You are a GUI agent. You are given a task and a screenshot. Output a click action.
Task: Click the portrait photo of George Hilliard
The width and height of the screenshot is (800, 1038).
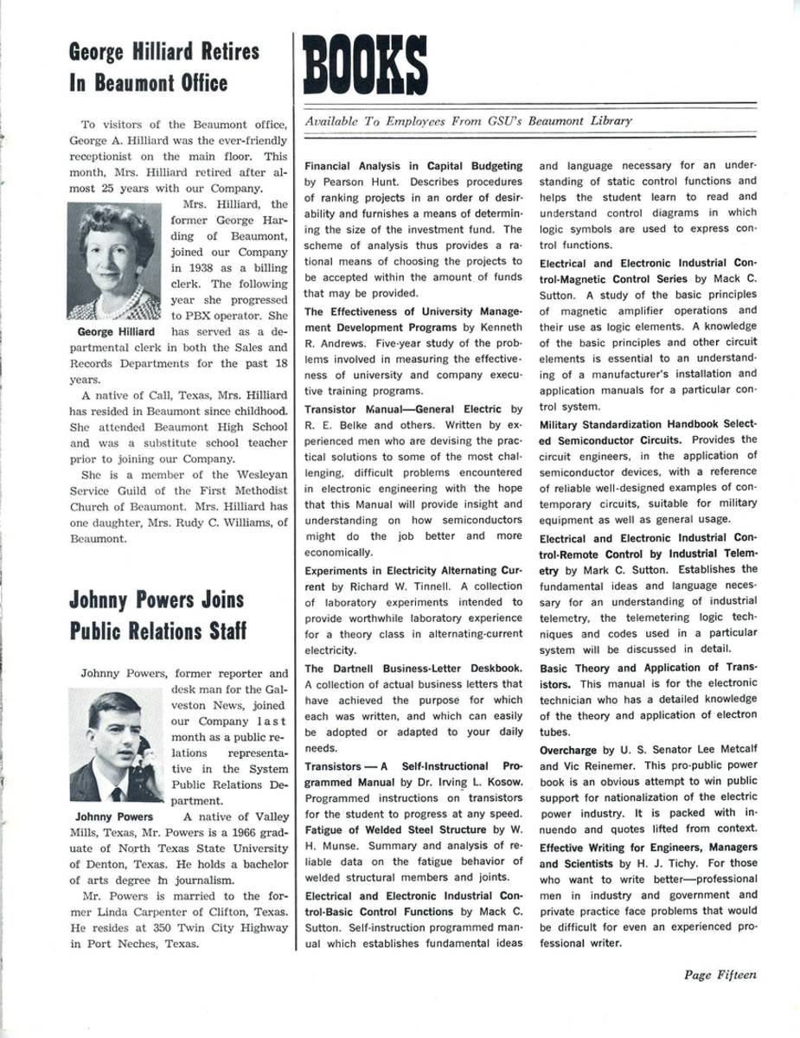pyautogui.click(x=113, y=260)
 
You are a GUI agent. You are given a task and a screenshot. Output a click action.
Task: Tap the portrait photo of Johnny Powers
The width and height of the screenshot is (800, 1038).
pyautogui.click(x=115, y=745)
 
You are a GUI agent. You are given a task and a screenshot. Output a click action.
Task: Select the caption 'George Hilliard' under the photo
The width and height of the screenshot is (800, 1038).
pyautogui.click(x=116, y=332)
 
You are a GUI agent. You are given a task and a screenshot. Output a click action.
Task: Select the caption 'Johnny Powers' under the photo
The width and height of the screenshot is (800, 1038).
pyautogui.click(x=114, y=817)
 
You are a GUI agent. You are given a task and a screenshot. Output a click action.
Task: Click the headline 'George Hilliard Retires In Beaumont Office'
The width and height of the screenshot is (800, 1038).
pyautogui.click(x=163, y=67)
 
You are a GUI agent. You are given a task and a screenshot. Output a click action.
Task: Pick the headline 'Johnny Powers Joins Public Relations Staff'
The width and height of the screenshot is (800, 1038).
pyautogui.click(x=157, y=615)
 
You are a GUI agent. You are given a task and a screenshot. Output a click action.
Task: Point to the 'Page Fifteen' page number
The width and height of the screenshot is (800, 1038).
pyautogui.click(x=720, y=975)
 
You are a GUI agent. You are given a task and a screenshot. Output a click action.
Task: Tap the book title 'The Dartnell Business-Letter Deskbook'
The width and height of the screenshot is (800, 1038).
pyautogui.click(x=413, y=668)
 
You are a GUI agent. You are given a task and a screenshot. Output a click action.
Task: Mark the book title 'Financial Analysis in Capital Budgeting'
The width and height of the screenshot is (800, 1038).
pyautogui.click(x=413, y=165)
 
